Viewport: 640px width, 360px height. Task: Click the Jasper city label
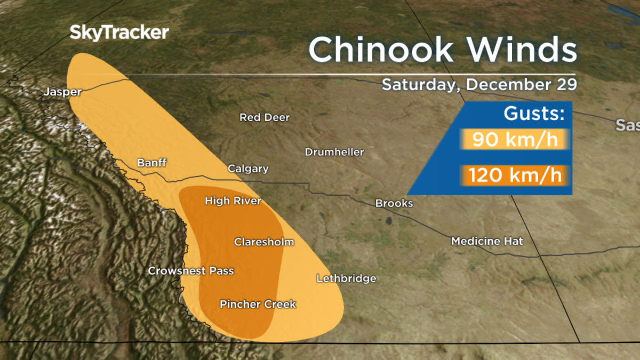point(63,92)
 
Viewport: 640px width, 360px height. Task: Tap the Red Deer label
point(265,117)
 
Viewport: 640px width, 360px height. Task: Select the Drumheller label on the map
point(334,153)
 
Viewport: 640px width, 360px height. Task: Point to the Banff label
point(152,163)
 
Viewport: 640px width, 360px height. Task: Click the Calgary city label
point(248,169)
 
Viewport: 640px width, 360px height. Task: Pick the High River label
point(233,201)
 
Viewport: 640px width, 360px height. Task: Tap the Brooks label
point(394,203)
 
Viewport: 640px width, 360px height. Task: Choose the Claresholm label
point(264,242)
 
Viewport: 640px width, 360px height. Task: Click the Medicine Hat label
point(487,242)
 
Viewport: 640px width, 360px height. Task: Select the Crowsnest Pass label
point(191,271)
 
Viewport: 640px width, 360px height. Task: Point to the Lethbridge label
point(346,278)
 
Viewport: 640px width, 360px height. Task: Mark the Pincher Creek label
point(258,305)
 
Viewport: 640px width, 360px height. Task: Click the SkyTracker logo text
point(119,33)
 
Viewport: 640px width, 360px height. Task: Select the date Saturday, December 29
point(479,84)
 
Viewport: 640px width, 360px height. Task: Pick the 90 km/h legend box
point(515,140)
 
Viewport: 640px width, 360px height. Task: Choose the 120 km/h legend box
point(515,175)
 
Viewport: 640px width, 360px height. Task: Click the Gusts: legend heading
point(534,114)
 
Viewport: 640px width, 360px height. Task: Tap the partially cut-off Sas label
point(628,125)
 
